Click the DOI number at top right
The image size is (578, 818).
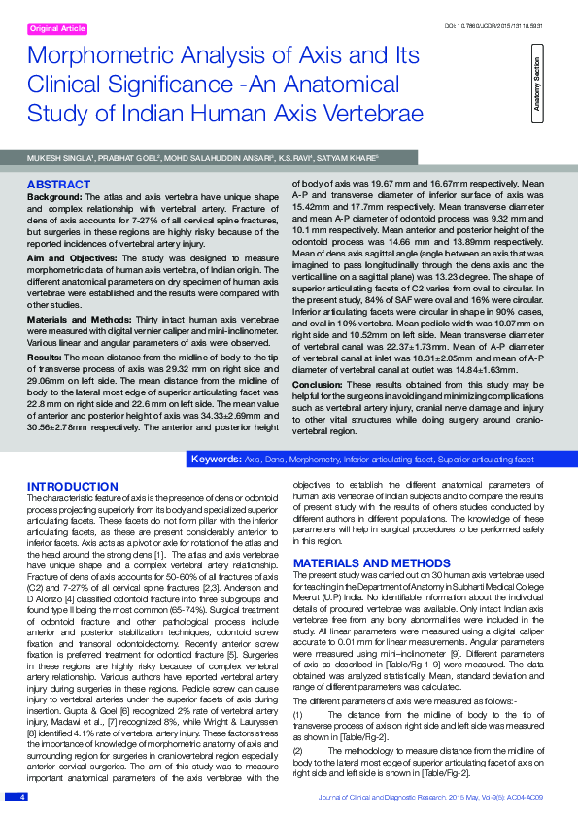click(508, 23)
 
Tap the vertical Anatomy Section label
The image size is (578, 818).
click(537, 87)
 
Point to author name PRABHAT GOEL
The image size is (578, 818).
click(127, 155)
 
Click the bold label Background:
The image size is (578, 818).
click(54, 197)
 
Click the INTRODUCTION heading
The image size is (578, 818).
click(73, 485)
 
